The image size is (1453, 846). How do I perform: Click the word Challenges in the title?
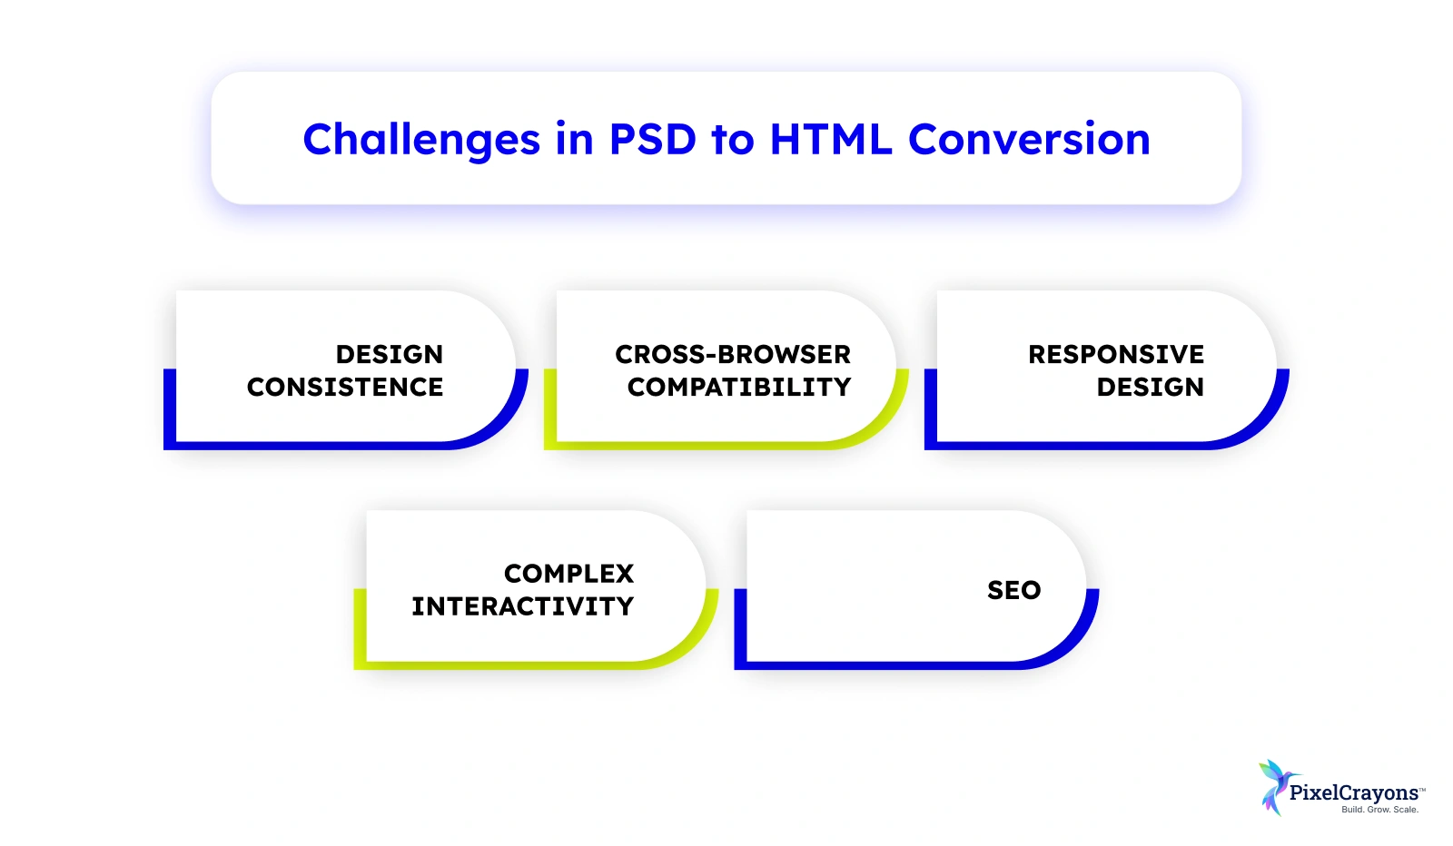point(421,140)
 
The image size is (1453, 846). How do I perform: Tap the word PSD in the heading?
point(653,139)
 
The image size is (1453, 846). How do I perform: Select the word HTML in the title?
point(831,139)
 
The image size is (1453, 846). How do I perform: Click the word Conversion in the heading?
point(1029,139)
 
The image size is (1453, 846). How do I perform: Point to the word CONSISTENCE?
point(345,387)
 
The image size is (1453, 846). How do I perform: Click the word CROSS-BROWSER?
point(733,354)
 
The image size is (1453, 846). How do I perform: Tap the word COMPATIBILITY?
point(739,387)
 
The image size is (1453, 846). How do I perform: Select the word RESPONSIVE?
point(1116,354)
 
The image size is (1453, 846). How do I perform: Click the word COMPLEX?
point(568,574)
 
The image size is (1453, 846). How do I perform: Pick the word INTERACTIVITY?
point(523,606)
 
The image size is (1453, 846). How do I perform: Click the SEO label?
point(1013,590)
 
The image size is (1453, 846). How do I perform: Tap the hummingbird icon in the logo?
point(1277,787)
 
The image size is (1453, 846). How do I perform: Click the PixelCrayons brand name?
point(1354,792)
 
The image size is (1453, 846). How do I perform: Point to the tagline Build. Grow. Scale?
point(1379,810)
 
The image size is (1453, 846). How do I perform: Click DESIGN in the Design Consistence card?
point(390,354)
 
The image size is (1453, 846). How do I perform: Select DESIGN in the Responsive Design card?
point(1150,387)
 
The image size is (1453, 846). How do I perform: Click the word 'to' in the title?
point(733,140)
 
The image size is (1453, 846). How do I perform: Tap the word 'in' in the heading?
point(575,139)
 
